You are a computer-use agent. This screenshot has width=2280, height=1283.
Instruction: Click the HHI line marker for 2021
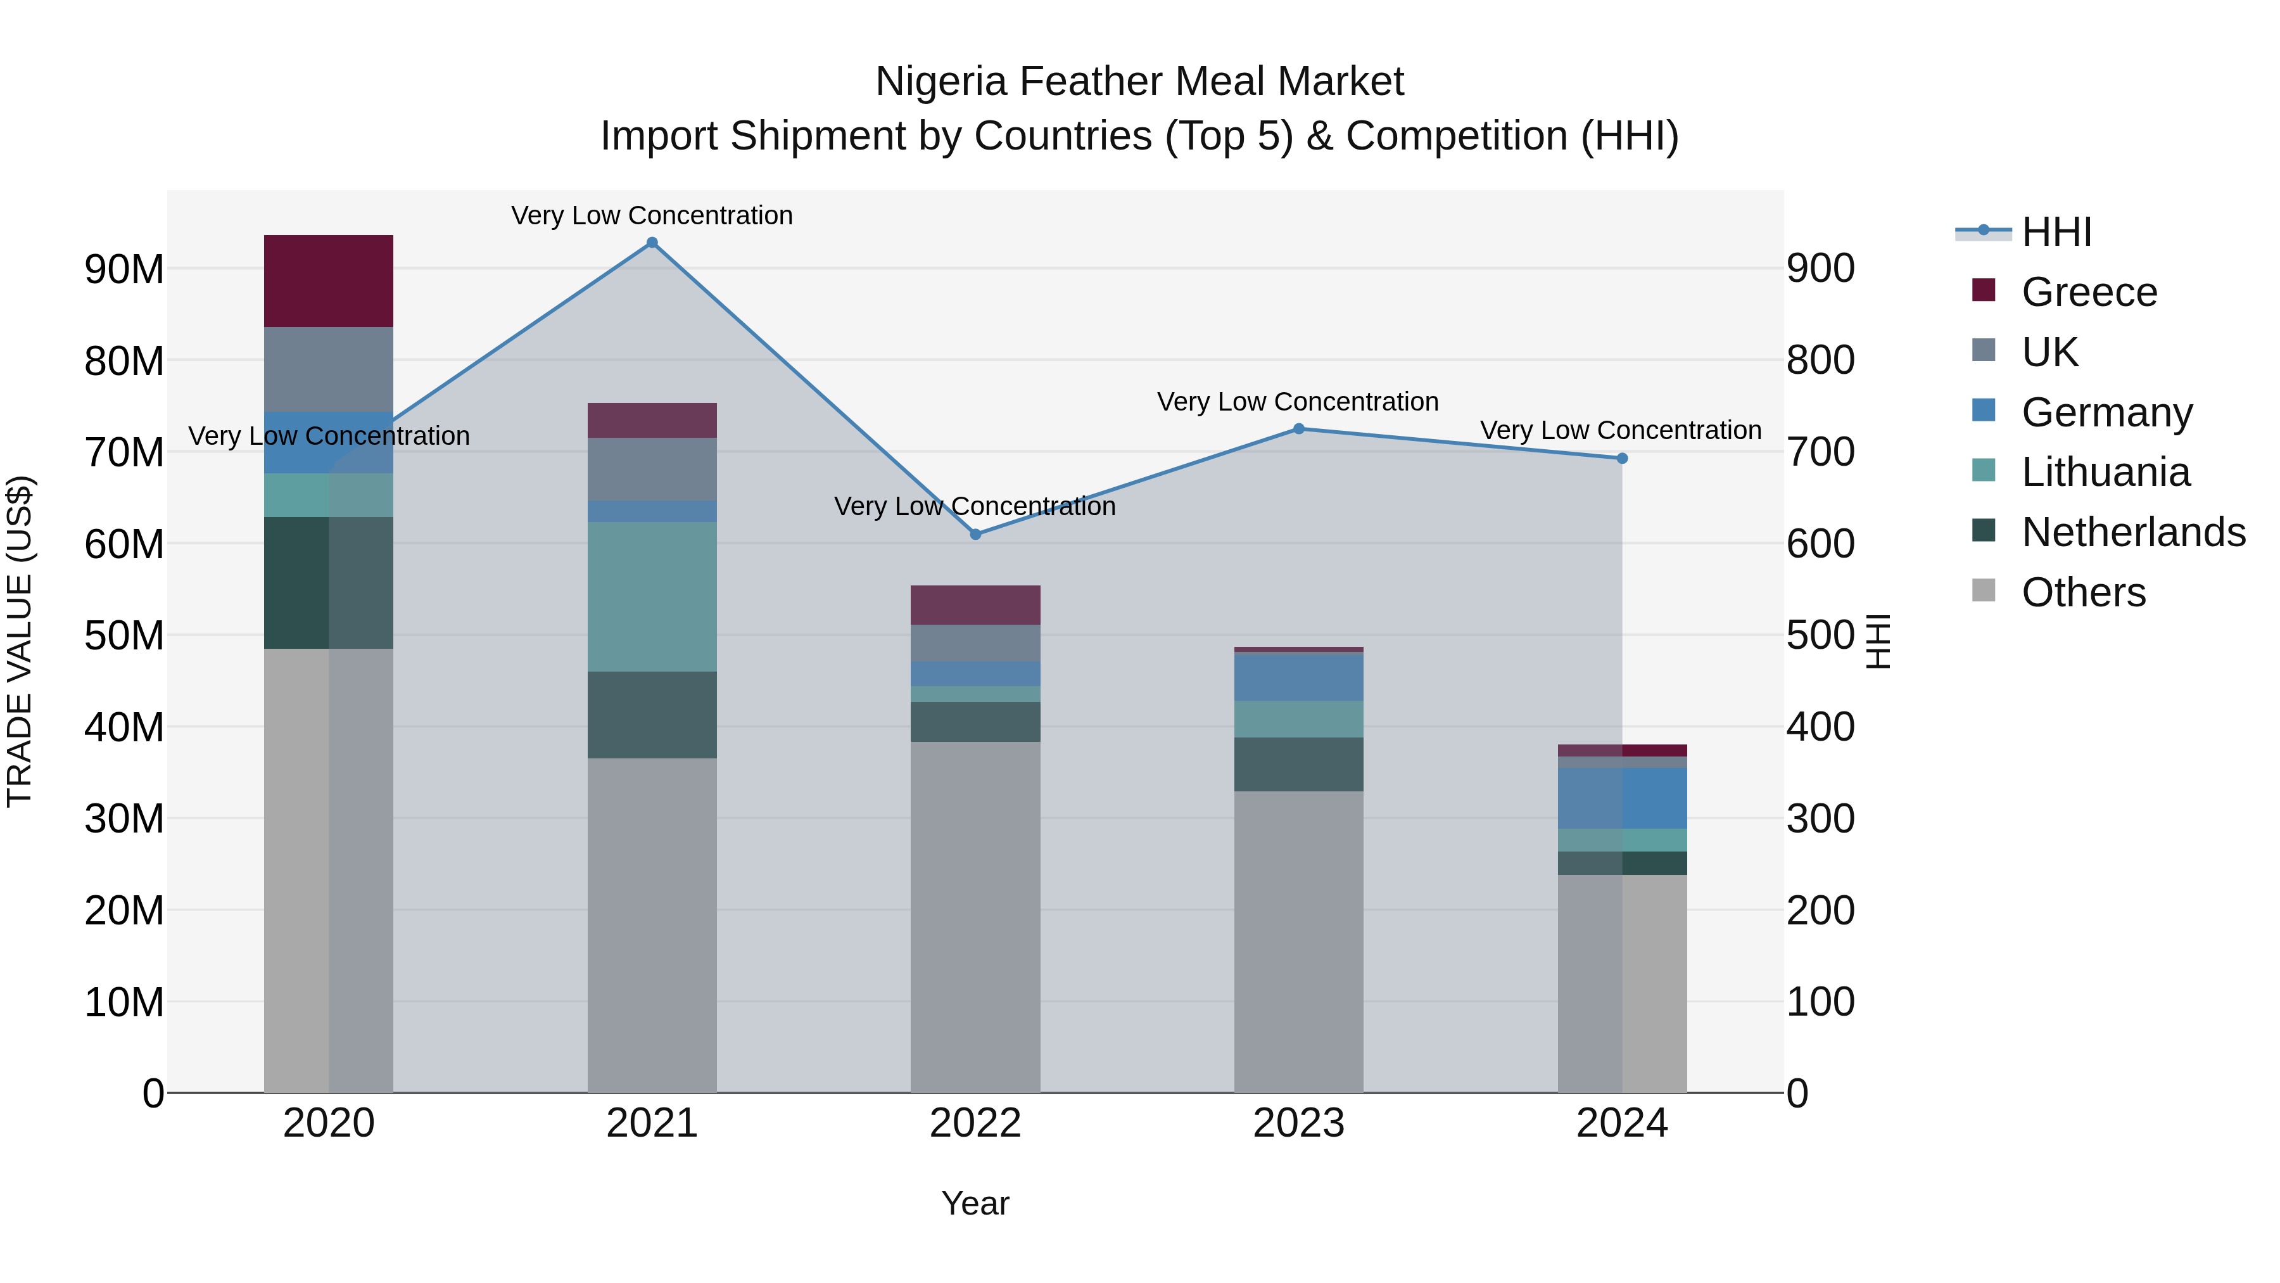click(x=652, y=243)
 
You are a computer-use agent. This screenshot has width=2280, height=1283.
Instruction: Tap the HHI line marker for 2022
click(x=975, y=534)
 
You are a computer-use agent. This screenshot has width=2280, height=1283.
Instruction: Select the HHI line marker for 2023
click(x=1298, y=428)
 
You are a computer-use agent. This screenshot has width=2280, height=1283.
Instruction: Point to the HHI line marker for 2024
click(x=1621, y=459)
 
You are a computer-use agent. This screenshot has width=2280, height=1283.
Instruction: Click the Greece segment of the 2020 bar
click(x=328, y=281)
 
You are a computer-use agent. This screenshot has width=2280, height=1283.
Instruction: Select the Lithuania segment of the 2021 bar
click(x=652, y=596)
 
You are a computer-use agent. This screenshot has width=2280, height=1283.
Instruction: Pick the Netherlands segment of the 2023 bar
click(x=1298, y=764)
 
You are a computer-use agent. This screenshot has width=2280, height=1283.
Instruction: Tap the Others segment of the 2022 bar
click(x=975, y=916)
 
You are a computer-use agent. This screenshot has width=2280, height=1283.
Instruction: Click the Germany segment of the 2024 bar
click(x=1621, y=798)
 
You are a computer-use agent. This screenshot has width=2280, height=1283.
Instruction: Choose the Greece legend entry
click(x=2089, y=292)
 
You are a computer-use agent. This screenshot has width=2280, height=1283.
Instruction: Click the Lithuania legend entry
click(x=2105, y=472)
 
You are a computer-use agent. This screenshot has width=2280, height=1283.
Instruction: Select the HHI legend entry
click(x=2056, y=232)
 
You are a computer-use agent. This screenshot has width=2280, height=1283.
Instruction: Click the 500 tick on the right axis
click(x=1820, y=635)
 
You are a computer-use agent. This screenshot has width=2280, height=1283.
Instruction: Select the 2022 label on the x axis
click(x=975, y=1123)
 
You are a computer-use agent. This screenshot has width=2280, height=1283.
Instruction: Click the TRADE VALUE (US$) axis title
click(x=20, y=641)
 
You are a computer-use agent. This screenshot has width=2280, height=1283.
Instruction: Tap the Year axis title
click(x=975, y=1203)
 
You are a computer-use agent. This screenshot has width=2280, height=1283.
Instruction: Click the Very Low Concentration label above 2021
click(x=652, y=215)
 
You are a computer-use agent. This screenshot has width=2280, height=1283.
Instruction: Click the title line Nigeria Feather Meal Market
click(x=1139, y=82)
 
